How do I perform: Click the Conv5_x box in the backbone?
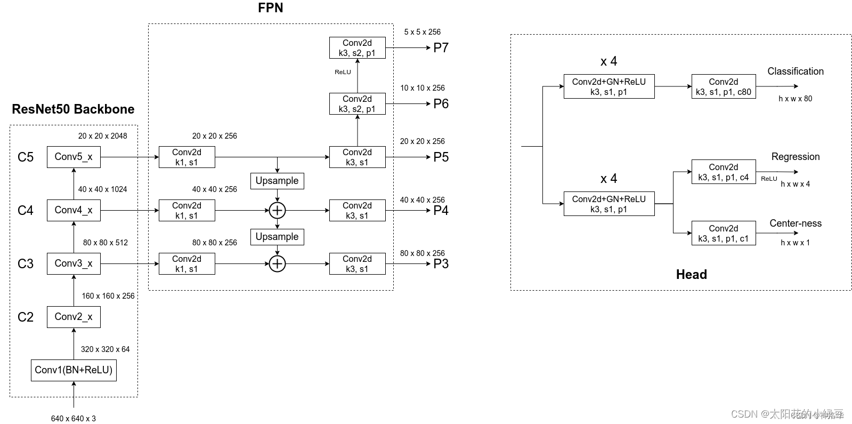[x=74, y=157]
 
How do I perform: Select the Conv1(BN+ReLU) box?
[x=74, y=370]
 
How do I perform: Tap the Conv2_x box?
[x=74, y=317]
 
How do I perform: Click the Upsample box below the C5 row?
[x=277, y=181]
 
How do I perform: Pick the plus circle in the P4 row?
[x=277, y=210]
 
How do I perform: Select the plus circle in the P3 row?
[x=277, y=263]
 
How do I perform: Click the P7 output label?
[x=441, y=48]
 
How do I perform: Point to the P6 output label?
[x=441, y=104]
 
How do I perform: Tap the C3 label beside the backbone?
[x=26, y=264]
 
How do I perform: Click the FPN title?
[x=270, y=8]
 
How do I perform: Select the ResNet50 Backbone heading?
[x=73, y=109]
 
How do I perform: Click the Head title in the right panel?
[x=691, y=275]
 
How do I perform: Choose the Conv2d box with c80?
[x=723, y=86]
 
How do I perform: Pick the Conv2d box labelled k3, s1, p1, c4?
[x=723, y=172]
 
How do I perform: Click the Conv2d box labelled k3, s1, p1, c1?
[x=723, y=233]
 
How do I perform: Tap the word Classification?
[x=795, y=71]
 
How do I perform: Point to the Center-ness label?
[x=795, y=223]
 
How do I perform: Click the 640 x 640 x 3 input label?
[x=74, y=419]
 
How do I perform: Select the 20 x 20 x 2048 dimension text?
[x=102, y=136]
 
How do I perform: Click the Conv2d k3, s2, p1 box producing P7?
[x=357, y=47]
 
